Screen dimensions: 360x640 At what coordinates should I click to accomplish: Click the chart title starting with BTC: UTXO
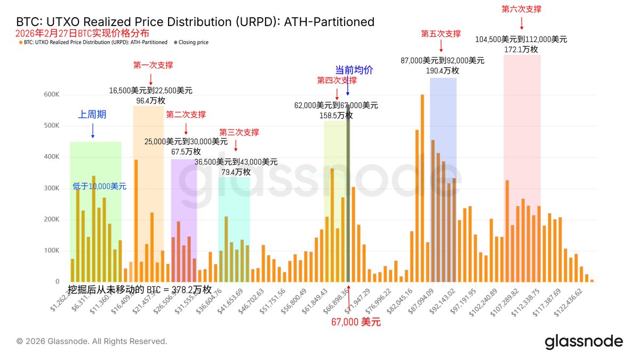[x=195, y=22]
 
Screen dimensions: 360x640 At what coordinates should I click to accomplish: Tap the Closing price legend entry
[x=193, y=42]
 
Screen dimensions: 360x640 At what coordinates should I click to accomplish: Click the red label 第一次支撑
[x=153, y=65]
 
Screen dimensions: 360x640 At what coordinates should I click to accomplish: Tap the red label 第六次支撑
[x=522, y=9]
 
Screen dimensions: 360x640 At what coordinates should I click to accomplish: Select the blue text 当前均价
[x=354, y=70]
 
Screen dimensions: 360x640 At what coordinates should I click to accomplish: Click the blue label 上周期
[x=92, y=114]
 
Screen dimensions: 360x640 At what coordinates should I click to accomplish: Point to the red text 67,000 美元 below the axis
[x=356, y=322]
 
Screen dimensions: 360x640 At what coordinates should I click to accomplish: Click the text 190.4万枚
[x=442, y=70]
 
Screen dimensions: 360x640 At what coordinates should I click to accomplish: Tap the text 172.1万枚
[x=521, y=49]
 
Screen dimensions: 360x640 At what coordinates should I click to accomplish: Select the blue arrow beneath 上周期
[x=93, y=130]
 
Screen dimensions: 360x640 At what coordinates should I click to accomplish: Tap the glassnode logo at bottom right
[x=583, y=342]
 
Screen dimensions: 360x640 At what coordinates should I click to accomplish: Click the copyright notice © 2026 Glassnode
[x=92, y=341]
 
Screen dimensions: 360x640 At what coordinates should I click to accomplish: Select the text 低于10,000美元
[x=100, y=187]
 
